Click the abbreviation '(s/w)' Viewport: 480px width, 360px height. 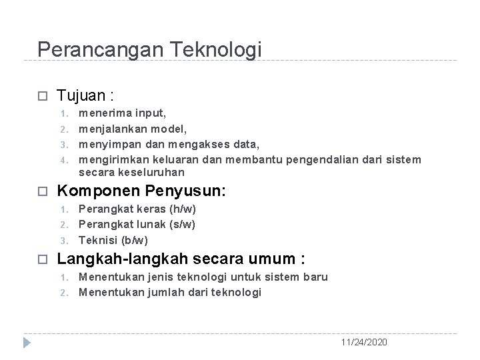click(x=183, y=225)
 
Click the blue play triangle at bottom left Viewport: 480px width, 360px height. click(x=27, y=343)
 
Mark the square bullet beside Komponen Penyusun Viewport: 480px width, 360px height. click(x=41, y=191)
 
